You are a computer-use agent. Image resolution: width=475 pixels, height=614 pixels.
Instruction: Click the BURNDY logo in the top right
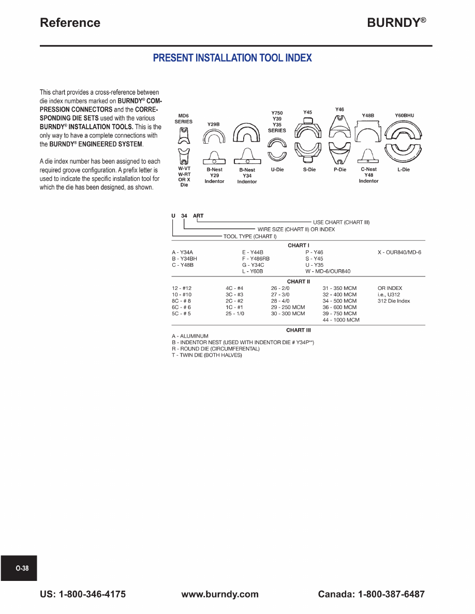pyautogui.click(x=396, y=23)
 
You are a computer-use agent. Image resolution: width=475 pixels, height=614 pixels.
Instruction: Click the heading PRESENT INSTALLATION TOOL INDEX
pyautogui.click(x=232, y=58)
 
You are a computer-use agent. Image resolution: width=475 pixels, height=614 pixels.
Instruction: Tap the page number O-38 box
pyautogui.click(x=22, y=568)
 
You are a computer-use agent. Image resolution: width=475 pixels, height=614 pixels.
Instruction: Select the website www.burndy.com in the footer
pyautogui.click(x=220, y=594)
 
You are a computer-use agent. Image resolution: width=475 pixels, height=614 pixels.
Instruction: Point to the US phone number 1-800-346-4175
pyautogui.click(x=83, y=594)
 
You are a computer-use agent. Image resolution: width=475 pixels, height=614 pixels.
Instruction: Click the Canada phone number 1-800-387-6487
pyautogui.click(x=371, y=594)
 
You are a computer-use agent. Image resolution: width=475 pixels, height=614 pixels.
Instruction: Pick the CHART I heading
pyautogui.click(x=299, y=245)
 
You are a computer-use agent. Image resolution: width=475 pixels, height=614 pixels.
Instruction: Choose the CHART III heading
pyautogui.click(x=299, y=330)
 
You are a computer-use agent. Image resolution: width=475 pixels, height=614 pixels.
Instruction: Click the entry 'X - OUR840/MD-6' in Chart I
pyautogui.click(x=399, y=252)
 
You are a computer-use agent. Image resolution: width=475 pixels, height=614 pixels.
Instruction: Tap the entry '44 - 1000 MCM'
pyautogui.click(x=341, y=320)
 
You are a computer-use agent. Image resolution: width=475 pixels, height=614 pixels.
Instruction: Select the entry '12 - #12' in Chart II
pyautogui.click(x=182, y=288)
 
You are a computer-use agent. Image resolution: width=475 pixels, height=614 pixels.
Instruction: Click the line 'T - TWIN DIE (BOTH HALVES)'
pyautogui.click(x=207, y=355)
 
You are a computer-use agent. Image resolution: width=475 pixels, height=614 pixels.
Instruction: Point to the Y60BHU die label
pyautogui.click(x=405, y=116)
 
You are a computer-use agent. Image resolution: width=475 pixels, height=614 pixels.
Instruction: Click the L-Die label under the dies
pyautogui.click(x=404, y=170)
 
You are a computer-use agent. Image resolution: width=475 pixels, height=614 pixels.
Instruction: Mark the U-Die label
pyautogui.click(x=277, y=170)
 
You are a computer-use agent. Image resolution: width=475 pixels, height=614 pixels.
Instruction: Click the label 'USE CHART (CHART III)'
pyautogui.click(x=341, y=222)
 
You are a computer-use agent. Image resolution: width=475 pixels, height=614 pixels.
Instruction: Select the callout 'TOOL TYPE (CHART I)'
pyautogui.click(x=250, y=236)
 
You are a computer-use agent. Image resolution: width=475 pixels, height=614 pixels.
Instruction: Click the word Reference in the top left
pyautogui.click(x=70, y=23)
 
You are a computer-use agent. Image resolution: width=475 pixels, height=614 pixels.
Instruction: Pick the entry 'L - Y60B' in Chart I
pyautogui.click(x=253, y=271)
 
